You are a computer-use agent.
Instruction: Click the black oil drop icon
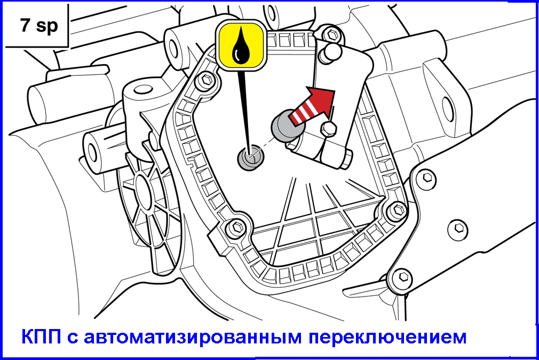pyautogui.click(x=241, y=46)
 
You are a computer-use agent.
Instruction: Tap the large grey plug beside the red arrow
pyautogui.click(x=287, y=125)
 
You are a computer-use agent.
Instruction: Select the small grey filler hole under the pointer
pyautogui.click(x=251, y=157)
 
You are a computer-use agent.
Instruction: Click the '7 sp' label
pyautogui.click(x=39, y=26)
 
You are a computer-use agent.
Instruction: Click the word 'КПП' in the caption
pyautogui.click(x=41, y=336)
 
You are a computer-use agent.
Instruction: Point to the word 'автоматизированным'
pyautogui.click(x=193, y=337)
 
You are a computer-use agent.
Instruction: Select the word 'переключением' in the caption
pyautogui.click(x=387, y=337)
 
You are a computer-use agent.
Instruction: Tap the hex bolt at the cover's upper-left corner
pyautogui.click(x=206, y=80)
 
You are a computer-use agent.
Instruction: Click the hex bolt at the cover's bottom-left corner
pyautogui.click(x=236, y=227)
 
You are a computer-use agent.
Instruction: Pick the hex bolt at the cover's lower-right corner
pyautogui.click(x=398, y=209)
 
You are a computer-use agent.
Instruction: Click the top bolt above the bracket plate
pyautogui.click(x=332, y=34)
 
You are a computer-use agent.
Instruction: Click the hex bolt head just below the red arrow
pyautogui.click(x=329, y=129)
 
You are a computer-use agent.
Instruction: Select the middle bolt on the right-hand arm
pyautogui.click(x=458, y=228)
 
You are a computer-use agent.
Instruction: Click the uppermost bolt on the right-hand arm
pyautogui.click(x=427, y=178)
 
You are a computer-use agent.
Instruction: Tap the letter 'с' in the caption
pyautogui.click(x=73, y=338)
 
